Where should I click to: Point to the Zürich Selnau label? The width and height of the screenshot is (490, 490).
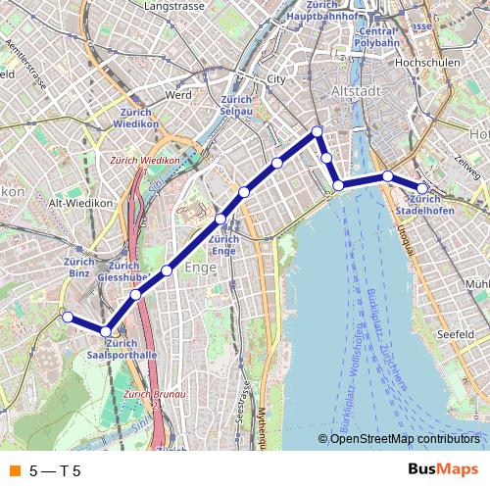[x=237, y=106]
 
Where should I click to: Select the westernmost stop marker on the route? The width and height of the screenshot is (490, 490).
[x=68, y=317]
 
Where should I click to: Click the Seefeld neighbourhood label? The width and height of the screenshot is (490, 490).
[x=457, y=334]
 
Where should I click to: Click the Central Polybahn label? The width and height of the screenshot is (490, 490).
[x=377, y=37]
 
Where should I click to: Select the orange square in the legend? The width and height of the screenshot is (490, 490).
[x=14, y=470]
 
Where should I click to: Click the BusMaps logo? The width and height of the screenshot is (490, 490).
[x=443, y=469]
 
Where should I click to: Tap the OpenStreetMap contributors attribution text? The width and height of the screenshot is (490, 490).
[x=405, y=439]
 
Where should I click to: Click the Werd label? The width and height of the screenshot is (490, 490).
[x=178, y=95]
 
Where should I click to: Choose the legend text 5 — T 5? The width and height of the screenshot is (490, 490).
[x=55, y=470]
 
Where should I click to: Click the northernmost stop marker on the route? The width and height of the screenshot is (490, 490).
[x=317, y=131]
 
